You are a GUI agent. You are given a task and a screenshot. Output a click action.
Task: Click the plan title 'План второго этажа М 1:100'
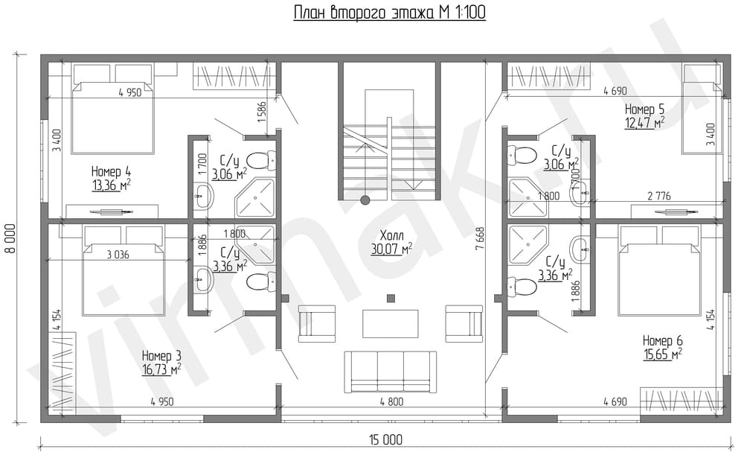pos(390,13)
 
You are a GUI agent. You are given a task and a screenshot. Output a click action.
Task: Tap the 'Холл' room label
pos(391,235)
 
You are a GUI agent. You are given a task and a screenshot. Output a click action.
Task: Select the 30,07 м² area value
pos(391,249)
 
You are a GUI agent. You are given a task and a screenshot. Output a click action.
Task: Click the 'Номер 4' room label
pos(111,171)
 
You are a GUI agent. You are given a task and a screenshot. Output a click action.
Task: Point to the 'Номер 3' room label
pos(161,355)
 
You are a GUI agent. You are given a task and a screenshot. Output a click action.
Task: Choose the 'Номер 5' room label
pos(644,109)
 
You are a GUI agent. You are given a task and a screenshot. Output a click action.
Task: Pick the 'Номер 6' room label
pos(662,340)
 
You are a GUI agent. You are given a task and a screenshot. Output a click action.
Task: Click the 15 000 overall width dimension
pos(385,439)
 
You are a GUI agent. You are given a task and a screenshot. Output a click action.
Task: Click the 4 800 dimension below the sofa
pos(391,402)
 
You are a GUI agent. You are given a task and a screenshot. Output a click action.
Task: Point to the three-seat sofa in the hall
pos(390,372)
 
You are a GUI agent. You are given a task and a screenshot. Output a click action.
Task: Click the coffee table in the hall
pos(391,323)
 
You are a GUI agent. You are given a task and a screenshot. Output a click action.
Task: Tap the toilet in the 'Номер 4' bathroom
pos(261,160)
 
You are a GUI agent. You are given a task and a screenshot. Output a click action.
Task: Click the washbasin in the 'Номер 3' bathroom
pos(204,280)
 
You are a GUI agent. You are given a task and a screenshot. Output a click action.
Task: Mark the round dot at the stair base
pos(365,200)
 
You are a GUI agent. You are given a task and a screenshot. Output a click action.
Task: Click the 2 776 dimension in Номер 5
pos(659,196)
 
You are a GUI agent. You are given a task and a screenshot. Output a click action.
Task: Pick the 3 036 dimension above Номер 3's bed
pos(118,255)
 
